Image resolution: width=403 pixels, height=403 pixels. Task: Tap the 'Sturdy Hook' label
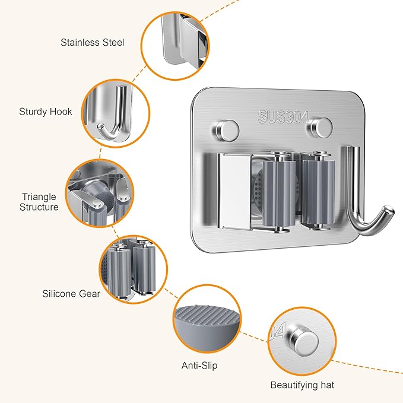[46, 112]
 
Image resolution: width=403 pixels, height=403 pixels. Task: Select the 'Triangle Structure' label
[39, 202]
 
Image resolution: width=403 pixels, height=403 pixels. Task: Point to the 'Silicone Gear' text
[71, 293]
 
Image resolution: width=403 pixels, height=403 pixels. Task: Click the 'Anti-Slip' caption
[199, 365]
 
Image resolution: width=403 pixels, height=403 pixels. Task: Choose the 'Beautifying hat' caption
[302, 385]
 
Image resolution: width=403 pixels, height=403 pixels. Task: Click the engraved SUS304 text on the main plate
[284, 117]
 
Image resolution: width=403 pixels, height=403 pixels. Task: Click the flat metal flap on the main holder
[233, 190]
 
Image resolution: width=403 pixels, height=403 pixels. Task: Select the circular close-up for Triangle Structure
[98, 193]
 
